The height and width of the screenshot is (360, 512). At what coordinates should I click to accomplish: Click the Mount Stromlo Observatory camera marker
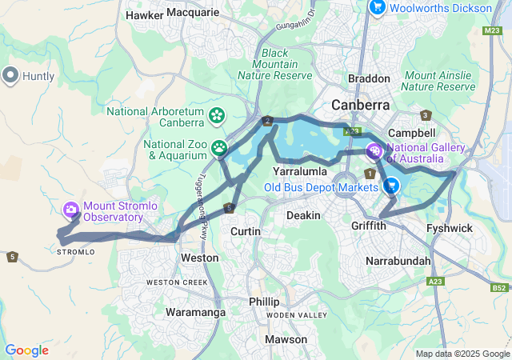point(72,210)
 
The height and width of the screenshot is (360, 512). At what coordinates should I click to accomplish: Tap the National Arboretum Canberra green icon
point(217,116)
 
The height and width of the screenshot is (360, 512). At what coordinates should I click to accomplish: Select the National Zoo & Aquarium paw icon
point(218,148)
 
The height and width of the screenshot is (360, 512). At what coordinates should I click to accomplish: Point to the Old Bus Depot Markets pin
point(390,186)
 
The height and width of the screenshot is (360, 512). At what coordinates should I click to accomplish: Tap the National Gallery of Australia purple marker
point(374,150)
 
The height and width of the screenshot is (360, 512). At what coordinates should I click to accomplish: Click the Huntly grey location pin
point(10,76)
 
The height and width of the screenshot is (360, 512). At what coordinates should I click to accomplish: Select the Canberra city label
point(361,105)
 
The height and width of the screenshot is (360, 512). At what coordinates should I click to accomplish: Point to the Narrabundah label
point(398,261)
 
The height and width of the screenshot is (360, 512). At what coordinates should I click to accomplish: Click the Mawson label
point(286,339)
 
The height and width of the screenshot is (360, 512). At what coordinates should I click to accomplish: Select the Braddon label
point(369,78)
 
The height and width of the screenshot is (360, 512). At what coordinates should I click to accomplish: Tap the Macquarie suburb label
point(194,13)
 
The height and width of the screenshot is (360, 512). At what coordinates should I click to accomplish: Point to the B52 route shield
point(499,286)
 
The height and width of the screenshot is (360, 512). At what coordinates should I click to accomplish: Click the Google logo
point(26,350)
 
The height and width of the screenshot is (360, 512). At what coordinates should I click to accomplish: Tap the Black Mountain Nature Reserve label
point(274,64)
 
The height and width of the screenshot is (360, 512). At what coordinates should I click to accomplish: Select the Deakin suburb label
point(303,215)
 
